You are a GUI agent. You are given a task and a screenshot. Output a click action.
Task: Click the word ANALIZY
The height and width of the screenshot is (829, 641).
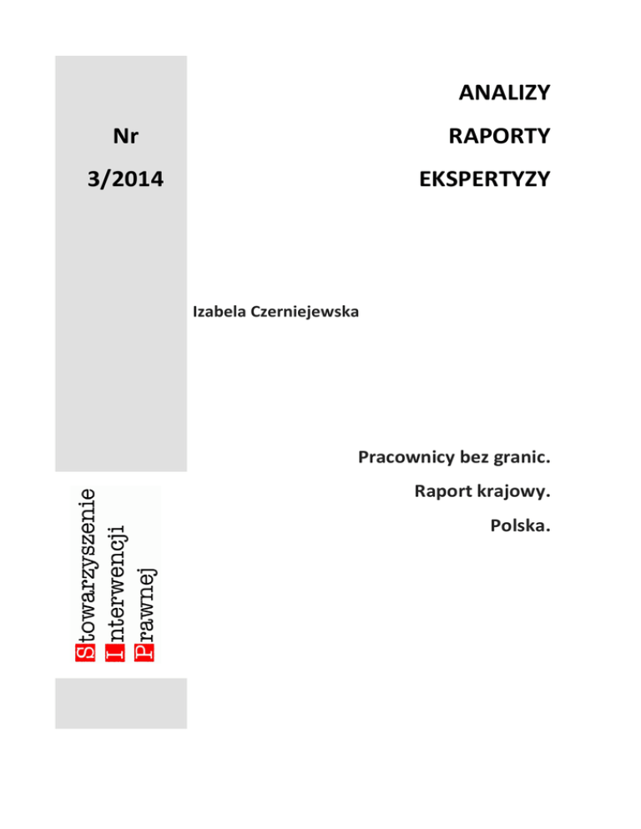[x=504, y=93]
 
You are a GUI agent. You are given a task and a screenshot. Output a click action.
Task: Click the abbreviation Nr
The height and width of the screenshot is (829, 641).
[x=124, y=135]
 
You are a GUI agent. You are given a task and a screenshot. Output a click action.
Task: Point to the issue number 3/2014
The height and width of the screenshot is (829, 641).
[x=124, y=178]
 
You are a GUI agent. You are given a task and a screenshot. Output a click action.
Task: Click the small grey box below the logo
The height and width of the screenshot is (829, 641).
[x=121, y=703]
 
